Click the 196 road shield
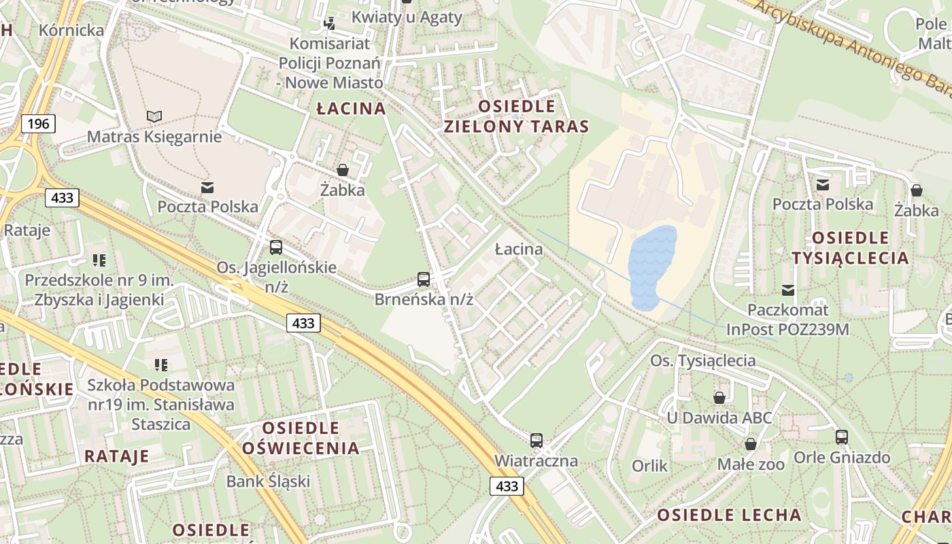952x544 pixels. tap(38, 123)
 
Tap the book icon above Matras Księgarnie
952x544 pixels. tap(154, 116)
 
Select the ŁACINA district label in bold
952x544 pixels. tap(352, 108)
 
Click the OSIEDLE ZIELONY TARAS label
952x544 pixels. tap(516, 116)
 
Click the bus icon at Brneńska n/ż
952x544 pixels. tap(424, 279)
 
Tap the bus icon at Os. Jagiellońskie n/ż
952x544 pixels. tap(275, 248)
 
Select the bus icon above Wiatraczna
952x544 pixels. tap(537, 441)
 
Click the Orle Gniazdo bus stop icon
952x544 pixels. tap(842, 437)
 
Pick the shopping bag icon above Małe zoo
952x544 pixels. tap(751, 444)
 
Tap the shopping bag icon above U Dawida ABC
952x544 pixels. tap(719, 397)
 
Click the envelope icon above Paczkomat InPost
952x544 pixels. tap(787, 290)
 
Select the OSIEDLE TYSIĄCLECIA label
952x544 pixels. tap(850, 248)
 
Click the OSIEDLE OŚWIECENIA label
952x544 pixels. tap(301, 438)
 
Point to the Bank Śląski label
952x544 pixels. tap(268, 481)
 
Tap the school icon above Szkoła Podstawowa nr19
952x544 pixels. tap(160, 365)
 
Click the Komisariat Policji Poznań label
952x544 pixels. tap(330, 63)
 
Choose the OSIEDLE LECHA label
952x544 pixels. tap(729, 515)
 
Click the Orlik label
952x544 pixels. tap(649, 466)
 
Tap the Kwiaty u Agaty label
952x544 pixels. tap(407, 18)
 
